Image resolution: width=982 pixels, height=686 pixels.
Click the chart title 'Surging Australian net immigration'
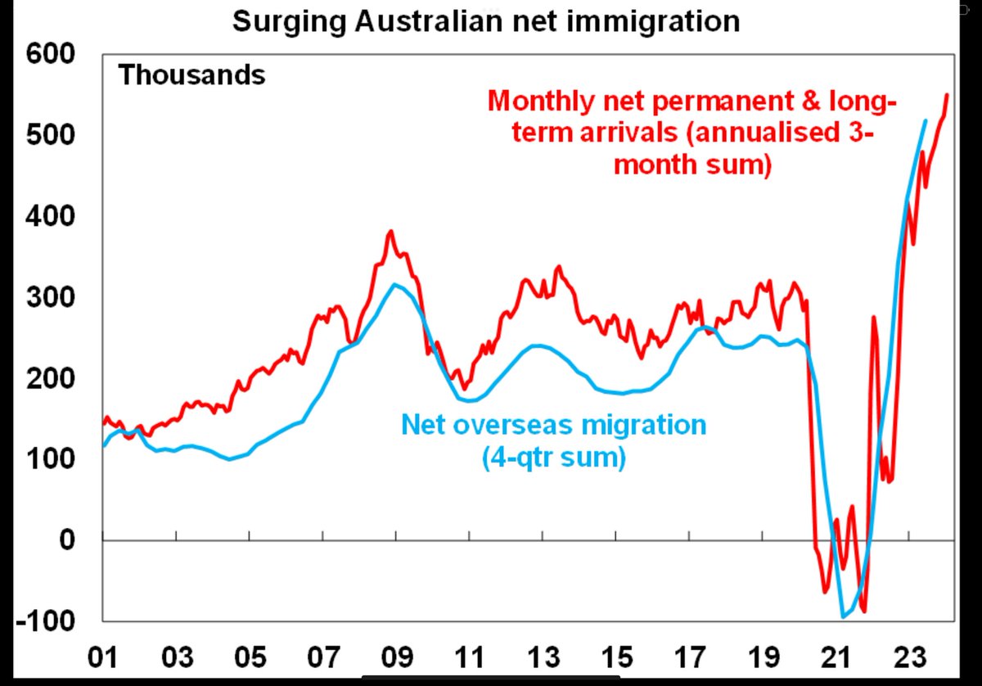click(x=486, y=20)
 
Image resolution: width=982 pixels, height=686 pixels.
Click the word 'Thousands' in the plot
click(x=192, y=75)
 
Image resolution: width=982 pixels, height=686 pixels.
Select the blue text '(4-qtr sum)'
click(x=554, y=457)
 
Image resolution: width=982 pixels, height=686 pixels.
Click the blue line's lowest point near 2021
click(x=844, y=616)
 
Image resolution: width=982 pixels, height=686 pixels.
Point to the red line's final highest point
click(x=947, y=94)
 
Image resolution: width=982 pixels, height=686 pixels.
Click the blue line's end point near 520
click(x=925, y=120)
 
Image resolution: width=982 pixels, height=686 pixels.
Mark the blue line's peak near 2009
click(x=395, y=284)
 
